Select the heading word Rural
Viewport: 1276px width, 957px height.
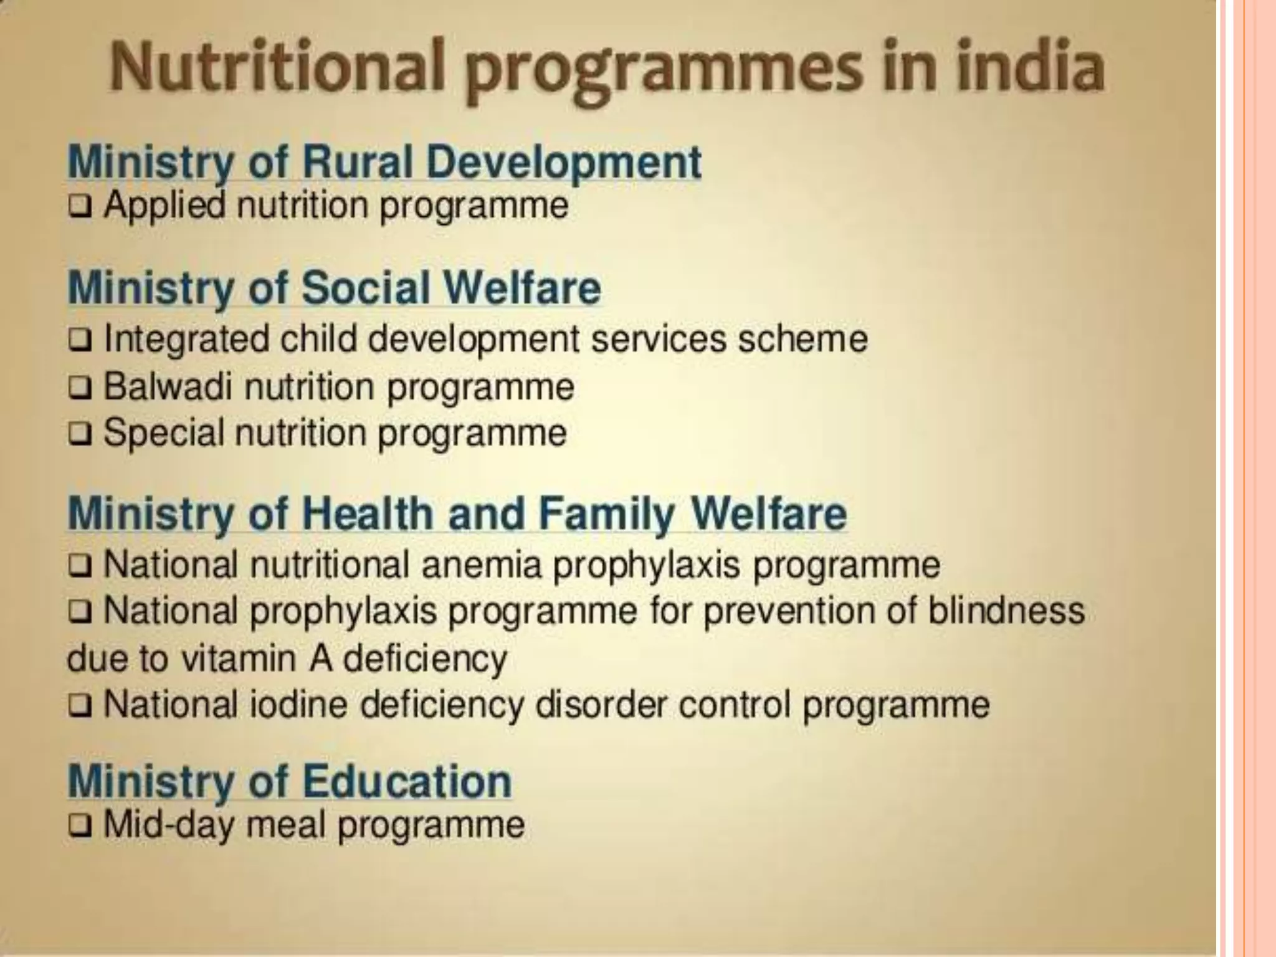tap(358, 163)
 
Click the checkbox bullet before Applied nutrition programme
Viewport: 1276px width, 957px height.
tap(79, 207)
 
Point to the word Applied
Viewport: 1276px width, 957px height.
tap(164, 206)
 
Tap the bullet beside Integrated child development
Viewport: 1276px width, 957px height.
tap(79, 341)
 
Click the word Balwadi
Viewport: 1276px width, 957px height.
tap(168, 387)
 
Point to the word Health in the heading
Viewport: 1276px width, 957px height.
tap(368, 513)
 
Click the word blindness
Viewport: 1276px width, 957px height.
tap(1006, 611)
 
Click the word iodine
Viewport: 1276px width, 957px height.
tap(298, 705)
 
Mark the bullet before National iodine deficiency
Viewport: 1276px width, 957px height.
tap(79, 707)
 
